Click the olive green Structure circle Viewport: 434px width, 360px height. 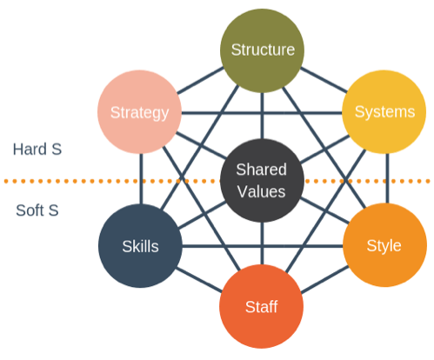tap(262, 49)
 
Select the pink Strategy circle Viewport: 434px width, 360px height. tap(139, 112)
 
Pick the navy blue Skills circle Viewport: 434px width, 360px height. tap(139, 246)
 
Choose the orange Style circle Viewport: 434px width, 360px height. tap(384, 246)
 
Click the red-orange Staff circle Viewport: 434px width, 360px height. tap(262, 307)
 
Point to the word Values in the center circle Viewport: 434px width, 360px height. tap(262, 190)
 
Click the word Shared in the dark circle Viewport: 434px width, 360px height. tap(262, 170)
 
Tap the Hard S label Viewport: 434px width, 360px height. tap(37, 149)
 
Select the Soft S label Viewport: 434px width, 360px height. tap(36, 210)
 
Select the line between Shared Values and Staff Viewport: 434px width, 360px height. tap(262, 243)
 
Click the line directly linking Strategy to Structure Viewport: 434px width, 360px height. tap(198, 82)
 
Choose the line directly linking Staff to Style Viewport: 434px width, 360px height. tap(324, 277)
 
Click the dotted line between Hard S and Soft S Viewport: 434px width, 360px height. tap(70, 181)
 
